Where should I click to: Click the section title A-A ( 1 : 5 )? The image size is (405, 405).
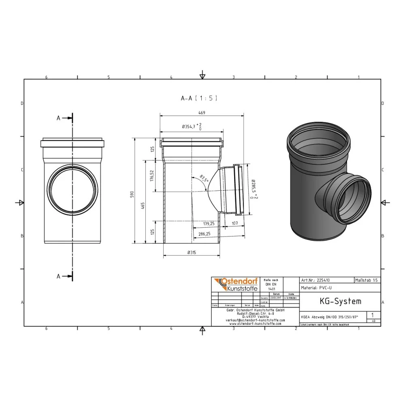[199, 98]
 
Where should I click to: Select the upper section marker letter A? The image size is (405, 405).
[59, 118]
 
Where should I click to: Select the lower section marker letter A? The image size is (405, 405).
[59, 276]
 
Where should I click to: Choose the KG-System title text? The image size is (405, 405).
[335, 301]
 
